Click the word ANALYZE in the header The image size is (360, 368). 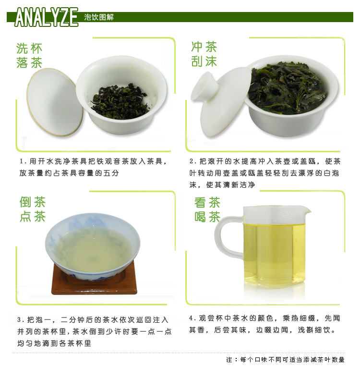[46, 17]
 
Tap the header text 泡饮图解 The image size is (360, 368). [99, 17]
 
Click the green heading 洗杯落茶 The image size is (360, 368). [29, 56]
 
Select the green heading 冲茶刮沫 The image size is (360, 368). [204, 54]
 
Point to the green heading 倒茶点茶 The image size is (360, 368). [33, 209]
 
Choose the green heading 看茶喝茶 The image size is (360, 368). [207, 209]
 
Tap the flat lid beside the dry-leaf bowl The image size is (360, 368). [55, 102]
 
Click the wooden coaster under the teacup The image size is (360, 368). [94, 281]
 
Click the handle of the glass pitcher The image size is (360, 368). [228, 237]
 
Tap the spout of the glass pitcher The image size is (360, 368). [307, 209]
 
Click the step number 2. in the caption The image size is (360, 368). [193, 161]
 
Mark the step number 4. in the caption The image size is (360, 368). [192, 318]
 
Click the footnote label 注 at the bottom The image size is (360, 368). [229, 359]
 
